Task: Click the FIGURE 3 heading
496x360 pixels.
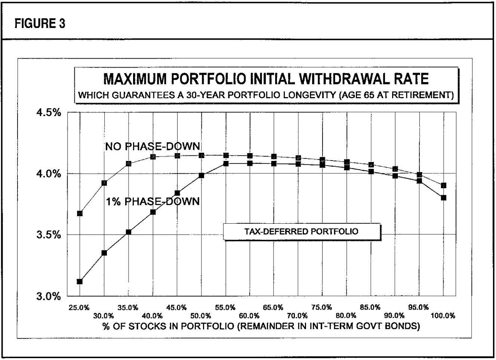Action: [40, 24]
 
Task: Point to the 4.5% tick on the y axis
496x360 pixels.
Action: [49, 113]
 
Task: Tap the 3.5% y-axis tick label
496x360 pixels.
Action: [49, 235]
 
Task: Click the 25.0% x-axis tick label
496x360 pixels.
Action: [79, 308]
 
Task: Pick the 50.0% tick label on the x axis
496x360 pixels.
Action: [201, 316]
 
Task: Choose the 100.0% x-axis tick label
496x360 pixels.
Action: [443, 316]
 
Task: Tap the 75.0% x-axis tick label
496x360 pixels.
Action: [321, 308]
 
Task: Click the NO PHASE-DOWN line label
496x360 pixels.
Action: [153, 146]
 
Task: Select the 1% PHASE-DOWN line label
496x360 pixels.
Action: [153, 202]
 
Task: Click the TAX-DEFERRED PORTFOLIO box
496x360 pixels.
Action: [301, 232]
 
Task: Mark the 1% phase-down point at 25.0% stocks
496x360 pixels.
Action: [80, 281]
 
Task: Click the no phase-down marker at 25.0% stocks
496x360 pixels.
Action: [80, 213]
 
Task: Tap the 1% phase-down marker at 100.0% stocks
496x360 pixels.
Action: [443, 198]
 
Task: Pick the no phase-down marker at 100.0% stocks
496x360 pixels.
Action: [443, 185]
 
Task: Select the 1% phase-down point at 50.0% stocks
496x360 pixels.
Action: [201, 175]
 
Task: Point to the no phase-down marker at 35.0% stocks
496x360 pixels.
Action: [128, 164]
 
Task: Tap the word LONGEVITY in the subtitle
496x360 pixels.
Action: [308, 95]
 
